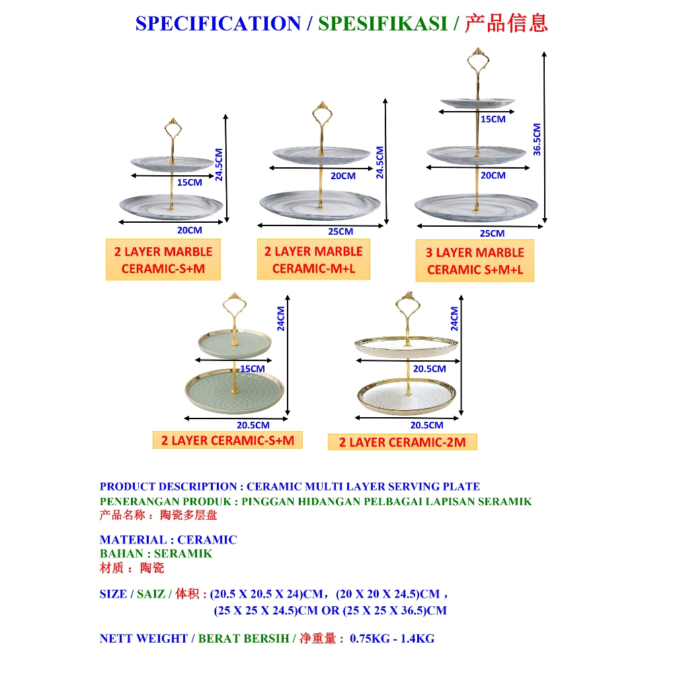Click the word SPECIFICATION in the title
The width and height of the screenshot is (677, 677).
point(218,24)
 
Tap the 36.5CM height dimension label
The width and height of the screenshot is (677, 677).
point(537,139)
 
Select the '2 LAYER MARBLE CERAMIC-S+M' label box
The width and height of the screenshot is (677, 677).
point(163,260)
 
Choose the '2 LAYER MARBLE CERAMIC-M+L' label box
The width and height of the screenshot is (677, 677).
point(313,259)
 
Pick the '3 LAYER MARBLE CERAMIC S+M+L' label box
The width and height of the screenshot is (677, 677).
point(475,260)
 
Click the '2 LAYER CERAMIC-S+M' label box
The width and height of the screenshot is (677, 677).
point(227,440)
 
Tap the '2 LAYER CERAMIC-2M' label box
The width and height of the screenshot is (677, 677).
point(402,442)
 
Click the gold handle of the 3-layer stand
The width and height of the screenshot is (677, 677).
point(477,63)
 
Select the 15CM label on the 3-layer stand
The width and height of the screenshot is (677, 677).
point(493,120)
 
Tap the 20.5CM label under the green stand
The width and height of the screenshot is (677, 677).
point(253,425)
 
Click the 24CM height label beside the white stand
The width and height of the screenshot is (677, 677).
point(454,318)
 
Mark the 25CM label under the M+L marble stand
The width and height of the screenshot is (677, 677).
point(340,231)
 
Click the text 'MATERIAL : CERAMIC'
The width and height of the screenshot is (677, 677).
point(168,539)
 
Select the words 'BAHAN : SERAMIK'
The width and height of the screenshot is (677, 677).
point(156,553)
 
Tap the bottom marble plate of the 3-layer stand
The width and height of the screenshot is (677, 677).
point(476,206)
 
